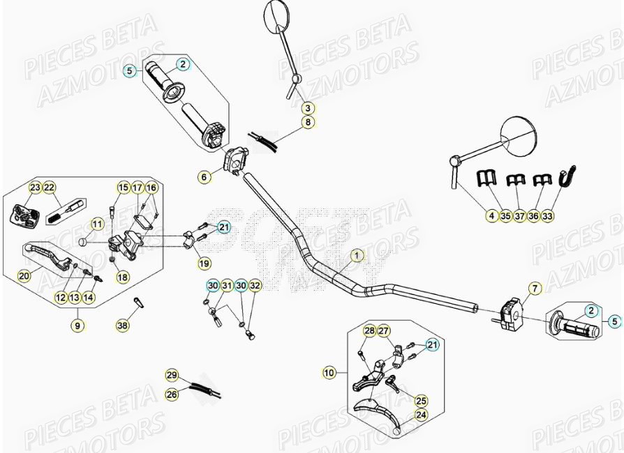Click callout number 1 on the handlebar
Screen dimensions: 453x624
click(x=357, y=255)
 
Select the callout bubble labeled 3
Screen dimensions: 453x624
click(x=309, y=108)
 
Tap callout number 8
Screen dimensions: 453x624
click(x=309, y=123)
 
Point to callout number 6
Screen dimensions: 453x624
click(x=204, y=177)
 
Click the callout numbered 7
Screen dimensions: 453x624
click(x=535, y=288)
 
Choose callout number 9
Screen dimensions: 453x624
click(x=77, y=325)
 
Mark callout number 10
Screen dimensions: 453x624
click(x=329, y=374)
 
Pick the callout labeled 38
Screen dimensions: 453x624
click(x=123, y=325)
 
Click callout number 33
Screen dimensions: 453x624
click(x=547, y=216)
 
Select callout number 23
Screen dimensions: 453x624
click(x=35, y=187)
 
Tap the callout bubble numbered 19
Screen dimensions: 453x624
click(x=204, y=263)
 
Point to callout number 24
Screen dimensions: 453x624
click(x=421, y=415)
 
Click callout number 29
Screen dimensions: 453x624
click(x=172, y=375)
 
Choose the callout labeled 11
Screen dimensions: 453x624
click(x=98, y=224)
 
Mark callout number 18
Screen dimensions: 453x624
click(x=123, y=277)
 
